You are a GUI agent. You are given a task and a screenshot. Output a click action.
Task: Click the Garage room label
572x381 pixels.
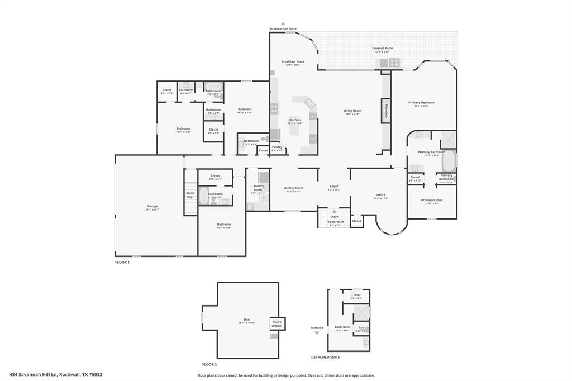(x=152, y=207)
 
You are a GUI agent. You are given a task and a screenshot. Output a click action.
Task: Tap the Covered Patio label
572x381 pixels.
(x=383, y=49)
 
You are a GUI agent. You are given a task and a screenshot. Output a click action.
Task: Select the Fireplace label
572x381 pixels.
(x=385, y=111)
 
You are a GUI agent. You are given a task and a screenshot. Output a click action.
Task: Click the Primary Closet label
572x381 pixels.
(x=432, y=200)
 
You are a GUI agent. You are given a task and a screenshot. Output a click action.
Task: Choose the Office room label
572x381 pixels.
(x=380, y=195)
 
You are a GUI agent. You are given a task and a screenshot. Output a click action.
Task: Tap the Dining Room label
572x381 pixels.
(x=294, y=188)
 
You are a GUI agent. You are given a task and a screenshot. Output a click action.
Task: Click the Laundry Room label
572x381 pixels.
(x=258, y=188)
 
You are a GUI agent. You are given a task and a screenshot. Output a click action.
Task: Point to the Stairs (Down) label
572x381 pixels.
(x=277, y=323)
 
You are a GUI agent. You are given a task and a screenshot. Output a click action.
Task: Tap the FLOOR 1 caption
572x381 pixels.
(x=122, y=262)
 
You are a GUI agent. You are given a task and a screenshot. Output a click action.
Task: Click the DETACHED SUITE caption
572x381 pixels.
(x=325, y=357)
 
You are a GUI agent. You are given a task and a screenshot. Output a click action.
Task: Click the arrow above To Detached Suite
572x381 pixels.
(x=283, y=23)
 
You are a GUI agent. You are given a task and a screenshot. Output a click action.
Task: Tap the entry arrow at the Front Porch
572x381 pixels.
(x=334, y=212)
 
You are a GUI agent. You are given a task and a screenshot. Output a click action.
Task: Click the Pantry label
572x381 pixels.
(x=277, y=147)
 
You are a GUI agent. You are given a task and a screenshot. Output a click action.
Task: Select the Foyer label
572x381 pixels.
(x=334, y=187)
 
